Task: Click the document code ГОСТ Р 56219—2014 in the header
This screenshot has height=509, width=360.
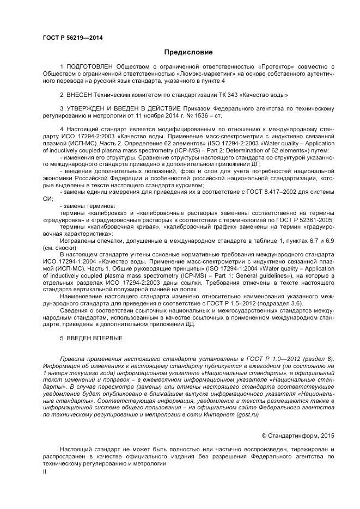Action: click(72, 38)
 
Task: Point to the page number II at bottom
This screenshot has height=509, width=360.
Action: click(45, 473)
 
